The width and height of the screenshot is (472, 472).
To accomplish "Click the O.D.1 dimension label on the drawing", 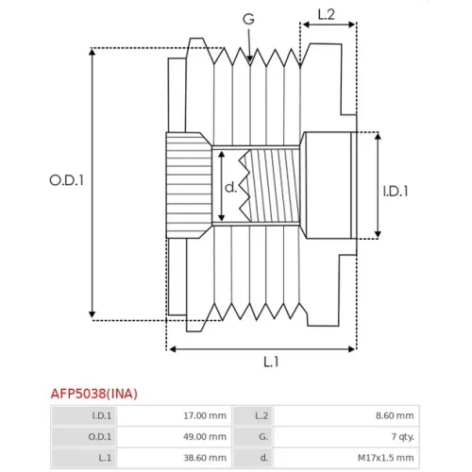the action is (x=66, y=180).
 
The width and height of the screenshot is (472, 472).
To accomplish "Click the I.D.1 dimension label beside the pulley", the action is (x=396, y=191).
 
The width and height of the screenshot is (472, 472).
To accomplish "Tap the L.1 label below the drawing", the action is (x=271, y=362).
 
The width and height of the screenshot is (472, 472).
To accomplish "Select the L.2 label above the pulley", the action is (x=327, y=14).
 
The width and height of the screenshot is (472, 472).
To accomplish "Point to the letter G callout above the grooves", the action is (x=248, y=19).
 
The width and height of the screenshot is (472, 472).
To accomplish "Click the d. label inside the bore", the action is (x=230, y=187).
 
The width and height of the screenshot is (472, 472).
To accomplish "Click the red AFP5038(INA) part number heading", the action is (x=94, y=394).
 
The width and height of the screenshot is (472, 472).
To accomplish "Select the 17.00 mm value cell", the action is (x=205, y=415).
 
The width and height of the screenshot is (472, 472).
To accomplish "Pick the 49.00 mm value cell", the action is (x=205, y=437).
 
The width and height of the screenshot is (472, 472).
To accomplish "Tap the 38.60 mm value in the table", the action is (x=205, y=458).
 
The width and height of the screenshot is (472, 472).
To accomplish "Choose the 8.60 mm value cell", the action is (x=395, y=415).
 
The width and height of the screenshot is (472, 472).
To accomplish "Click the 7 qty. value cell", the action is (x=402, y=437).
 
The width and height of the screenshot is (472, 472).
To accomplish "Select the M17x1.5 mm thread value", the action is (x=386, y=458).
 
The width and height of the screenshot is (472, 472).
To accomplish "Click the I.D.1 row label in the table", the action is (x=102, y=415).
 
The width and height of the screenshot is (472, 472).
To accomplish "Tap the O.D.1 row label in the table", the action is (x=100, y=437).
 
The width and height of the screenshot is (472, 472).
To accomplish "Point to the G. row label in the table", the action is (x=263, y=437).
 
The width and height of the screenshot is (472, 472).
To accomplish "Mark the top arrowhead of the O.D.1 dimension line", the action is (x=92, y=52).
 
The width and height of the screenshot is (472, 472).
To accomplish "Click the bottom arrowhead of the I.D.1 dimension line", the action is (x=378, y=234).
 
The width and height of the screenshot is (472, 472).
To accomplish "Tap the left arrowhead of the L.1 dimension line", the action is (x=173, y=349).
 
